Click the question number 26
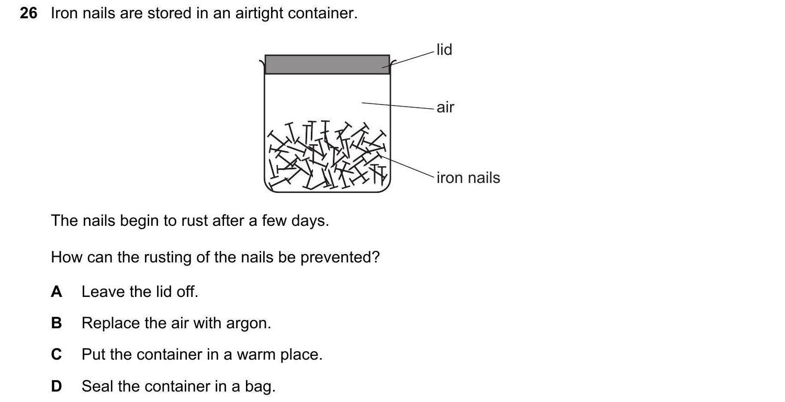[x=28, y=13]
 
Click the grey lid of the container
[x=327, y=64]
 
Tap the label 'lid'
[x=444, y=50]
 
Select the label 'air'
[x=445, y=108]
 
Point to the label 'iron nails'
[x=468, y=178]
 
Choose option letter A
[x=57, y=292]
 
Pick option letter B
[x=57, y=323]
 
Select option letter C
[x=57, y=354]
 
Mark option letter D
[x=57, y=386]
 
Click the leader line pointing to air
[x=398, y=106]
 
